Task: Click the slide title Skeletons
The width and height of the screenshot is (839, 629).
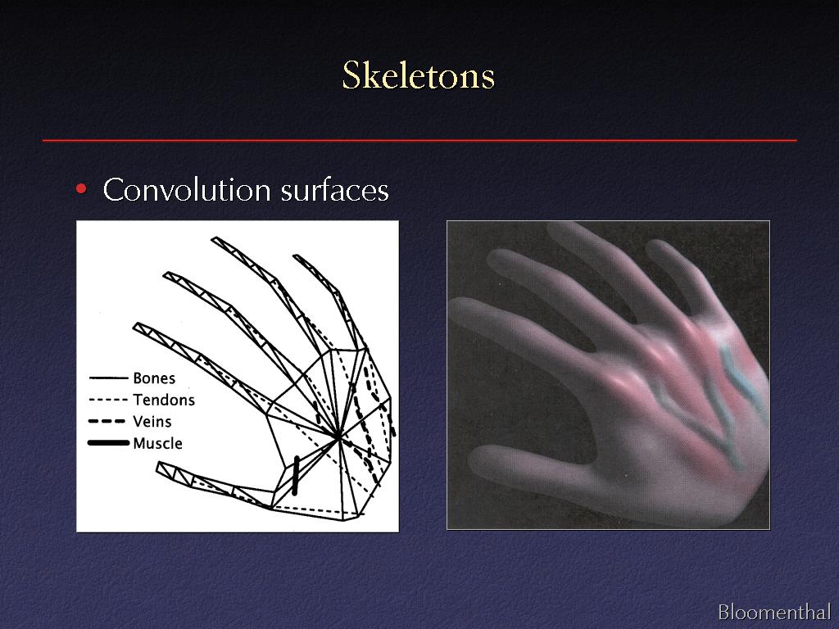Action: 419,75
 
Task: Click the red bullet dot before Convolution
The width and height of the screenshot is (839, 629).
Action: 81,189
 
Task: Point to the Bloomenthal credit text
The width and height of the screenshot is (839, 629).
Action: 774,612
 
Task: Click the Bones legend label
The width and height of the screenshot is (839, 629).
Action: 154,378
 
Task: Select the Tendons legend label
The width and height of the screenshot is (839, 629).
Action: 164,400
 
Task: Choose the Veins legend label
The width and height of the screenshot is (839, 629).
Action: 152,422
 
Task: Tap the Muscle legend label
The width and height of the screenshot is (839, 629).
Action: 158,443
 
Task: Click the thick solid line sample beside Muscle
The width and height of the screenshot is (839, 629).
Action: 109,443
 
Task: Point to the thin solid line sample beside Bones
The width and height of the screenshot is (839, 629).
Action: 109,378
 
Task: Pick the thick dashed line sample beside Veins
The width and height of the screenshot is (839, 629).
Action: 107,422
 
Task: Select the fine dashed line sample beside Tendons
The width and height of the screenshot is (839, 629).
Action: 108,400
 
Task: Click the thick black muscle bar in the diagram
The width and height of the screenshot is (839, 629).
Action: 295,475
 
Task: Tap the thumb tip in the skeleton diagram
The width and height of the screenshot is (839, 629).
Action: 160,468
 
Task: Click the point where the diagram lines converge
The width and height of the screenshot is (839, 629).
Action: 338,438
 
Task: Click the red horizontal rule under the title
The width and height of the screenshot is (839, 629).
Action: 419,140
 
